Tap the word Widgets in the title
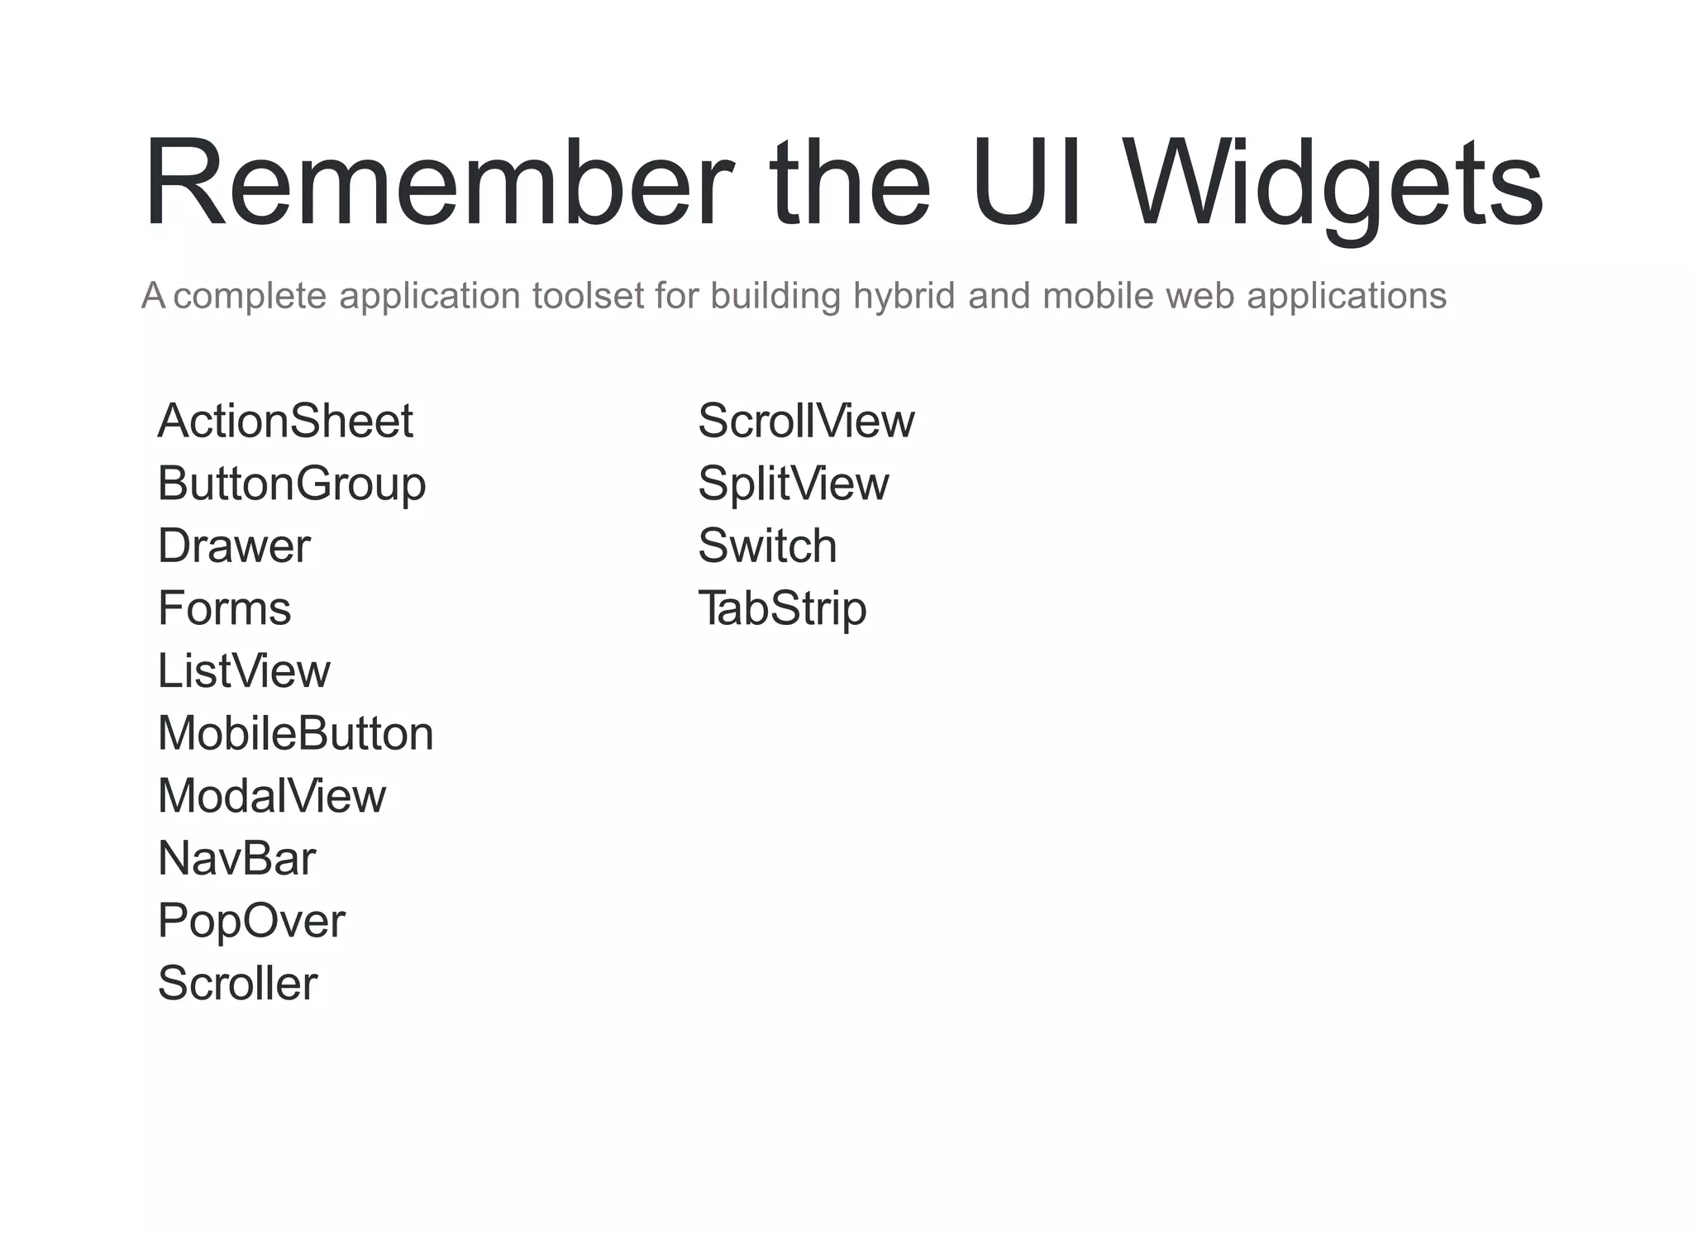[x=1334, y=184]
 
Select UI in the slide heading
[x=1026, y=184]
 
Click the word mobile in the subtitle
[x=1098, y=296]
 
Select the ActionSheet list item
[x=285, y=421]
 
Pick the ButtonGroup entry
[x=292, y=484]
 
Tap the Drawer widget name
[x=234, y=546]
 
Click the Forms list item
[x=224, y=608]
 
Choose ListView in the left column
[x=244, y=671]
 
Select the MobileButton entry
[x=295, y=733]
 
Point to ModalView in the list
[x=272, y=796]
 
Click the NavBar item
[x=236, y=859]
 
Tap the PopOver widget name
[x=251, y=921]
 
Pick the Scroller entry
[x=237, y=984]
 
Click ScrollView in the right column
[x=806, y=421]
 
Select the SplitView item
[x=793, y=484]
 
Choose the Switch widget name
[x=767, y=546]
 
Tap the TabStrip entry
[x=782, y=609]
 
